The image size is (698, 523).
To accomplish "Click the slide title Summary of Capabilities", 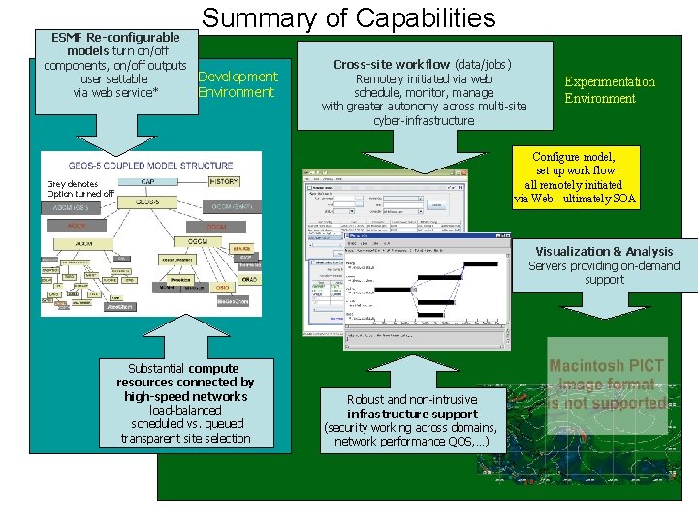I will (x=348, y=17).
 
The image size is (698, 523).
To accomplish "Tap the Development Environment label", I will (x=238, y=84).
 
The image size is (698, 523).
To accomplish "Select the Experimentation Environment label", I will (x=610, y=90).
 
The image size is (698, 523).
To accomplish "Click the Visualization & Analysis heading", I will (x=604, y=252).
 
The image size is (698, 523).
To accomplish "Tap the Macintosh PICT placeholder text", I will (x=607, y=385).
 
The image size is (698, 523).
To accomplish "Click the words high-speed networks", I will (x=185, y=396).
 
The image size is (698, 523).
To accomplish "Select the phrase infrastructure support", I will (x=412, y=414).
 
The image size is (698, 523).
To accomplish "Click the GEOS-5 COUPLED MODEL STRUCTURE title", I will (x=150, y=166).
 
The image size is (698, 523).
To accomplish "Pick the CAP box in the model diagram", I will (x=148, y=181).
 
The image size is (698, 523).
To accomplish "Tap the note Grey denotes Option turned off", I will (x=80, y=189).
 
